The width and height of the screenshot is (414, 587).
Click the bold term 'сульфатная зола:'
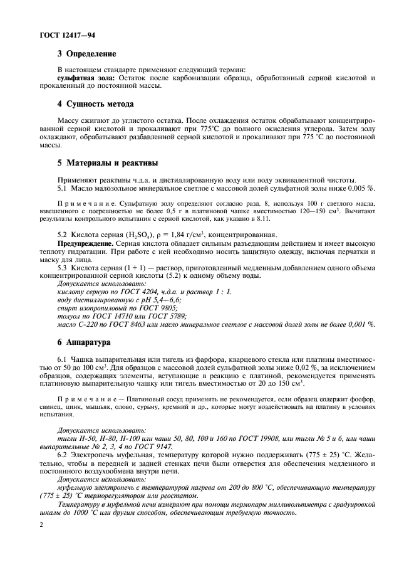point(81,78)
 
